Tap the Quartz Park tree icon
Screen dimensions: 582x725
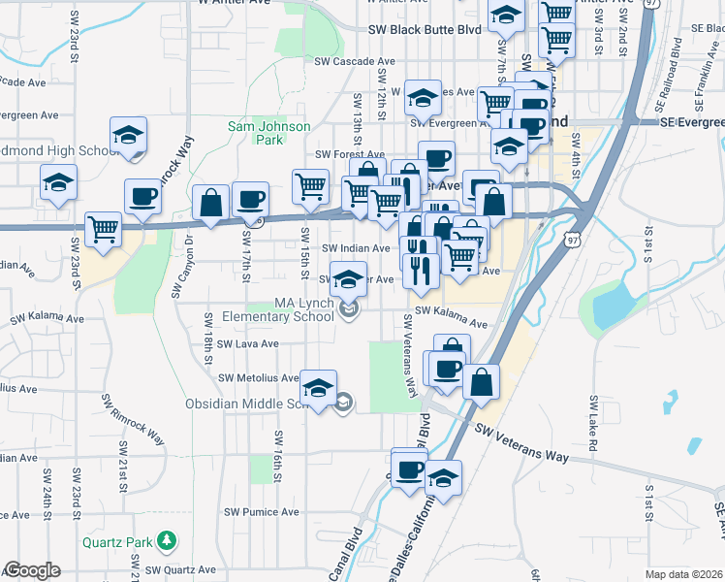(x=169, y=538)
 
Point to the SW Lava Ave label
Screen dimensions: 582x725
(x=247, y=343)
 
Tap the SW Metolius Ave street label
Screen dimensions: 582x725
(x=259, y=377)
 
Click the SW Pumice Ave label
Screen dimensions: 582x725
(x=262, y=511)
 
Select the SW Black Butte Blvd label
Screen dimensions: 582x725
(x=425, y=30)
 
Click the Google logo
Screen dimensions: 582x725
(x=32, y=570)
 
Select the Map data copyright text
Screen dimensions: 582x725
(x=683, y=574)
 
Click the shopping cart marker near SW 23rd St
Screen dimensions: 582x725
(x=104, y=229)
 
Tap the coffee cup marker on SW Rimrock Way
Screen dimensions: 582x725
(x=142, y=196)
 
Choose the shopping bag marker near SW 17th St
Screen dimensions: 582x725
(x=211, y=203)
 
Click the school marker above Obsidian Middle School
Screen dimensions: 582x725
(x=318, y=388)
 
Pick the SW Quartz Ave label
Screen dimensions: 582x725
(x=182, y=570)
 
